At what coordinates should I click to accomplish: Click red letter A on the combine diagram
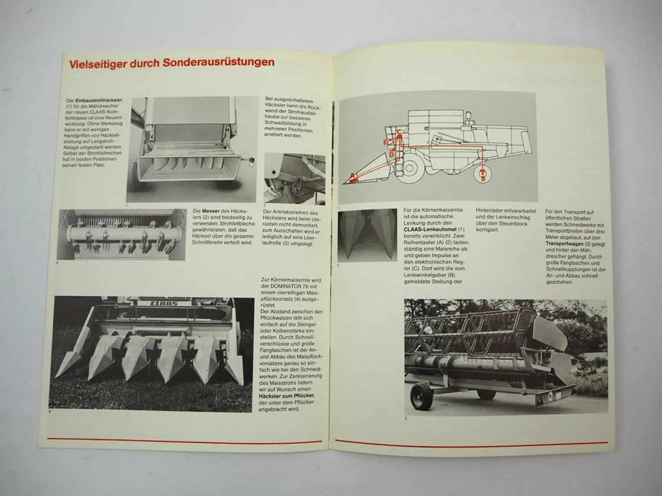point(352,175)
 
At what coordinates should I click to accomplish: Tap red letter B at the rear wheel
point(483,179)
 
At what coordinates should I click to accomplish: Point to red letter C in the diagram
point(398,131)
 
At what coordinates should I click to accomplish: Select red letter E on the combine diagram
point(385,142)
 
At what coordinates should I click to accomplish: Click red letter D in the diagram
point(391,154)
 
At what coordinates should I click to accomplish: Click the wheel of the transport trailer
point(419,396)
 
